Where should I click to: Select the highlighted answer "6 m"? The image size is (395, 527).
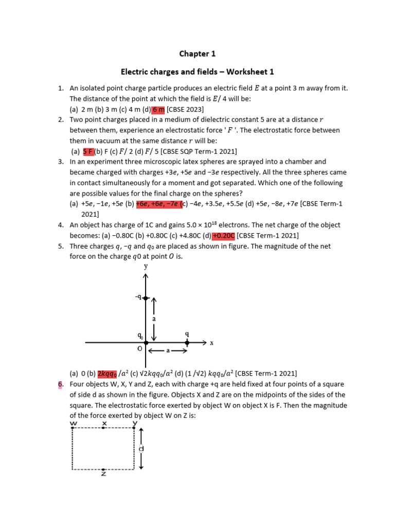point(158,109)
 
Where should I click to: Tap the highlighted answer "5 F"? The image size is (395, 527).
point(88,151)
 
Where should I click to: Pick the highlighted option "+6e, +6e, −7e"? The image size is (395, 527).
point(157,204)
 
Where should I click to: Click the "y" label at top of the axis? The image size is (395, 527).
point(146,266)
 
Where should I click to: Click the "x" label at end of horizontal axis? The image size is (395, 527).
point(211,343)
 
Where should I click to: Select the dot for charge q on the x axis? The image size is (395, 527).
point(187,342)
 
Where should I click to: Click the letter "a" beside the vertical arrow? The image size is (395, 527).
point(153,319)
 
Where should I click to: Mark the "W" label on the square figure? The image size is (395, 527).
point(74,423)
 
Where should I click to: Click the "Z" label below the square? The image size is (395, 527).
point(103,474)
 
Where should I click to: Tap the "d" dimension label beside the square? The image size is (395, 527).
point(141,448)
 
